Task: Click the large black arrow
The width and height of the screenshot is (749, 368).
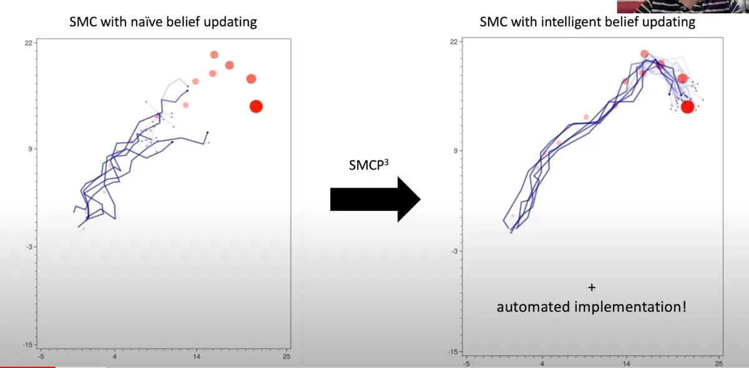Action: pyautogui.click(x=375, y=200)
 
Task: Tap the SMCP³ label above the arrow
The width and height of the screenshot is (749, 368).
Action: pyautogui.click(x=368, y=165)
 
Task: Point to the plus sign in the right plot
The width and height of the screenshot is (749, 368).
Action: pyautogui.click(x=592, y=288)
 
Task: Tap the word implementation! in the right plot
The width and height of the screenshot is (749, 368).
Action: pyautogui.click(x=630, y=307)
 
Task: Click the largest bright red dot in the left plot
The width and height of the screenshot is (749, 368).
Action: pyautogui.click(x=256, y=107)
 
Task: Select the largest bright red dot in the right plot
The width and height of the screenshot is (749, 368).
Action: pyautogui.click(x=687, y=107)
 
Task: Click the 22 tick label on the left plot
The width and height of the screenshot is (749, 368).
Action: pyautogui.click(x=29, y=43)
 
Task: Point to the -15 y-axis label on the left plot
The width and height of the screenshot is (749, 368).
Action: pyautogui.click(x=27, y=345)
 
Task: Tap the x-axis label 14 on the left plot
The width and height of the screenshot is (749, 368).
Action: pyautogui.click(x=196, y=357)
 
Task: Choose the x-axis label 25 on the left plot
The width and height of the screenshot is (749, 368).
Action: pyautogui.click(x=286, y=357)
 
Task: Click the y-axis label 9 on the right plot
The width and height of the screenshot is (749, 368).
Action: pyautogui.click(x=456, y=151)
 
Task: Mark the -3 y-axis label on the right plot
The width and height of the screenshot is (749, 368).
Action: pyautogui.click(x=454, y=251)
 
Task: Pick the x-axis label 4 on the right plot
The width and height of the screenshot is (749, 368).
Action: pyautogui.click(x=542, y=364)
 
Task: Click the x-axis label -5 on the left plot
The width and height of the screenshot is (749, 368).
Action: pyautogui.click(x=41, y=357)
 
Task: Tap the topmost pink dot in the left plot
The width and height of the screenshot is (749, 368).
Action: pyautogui.click(x=214, y=54)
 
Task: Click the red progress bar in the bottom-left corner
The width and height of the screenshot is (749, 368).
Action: pyautogui.click(x=27, y=367)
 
